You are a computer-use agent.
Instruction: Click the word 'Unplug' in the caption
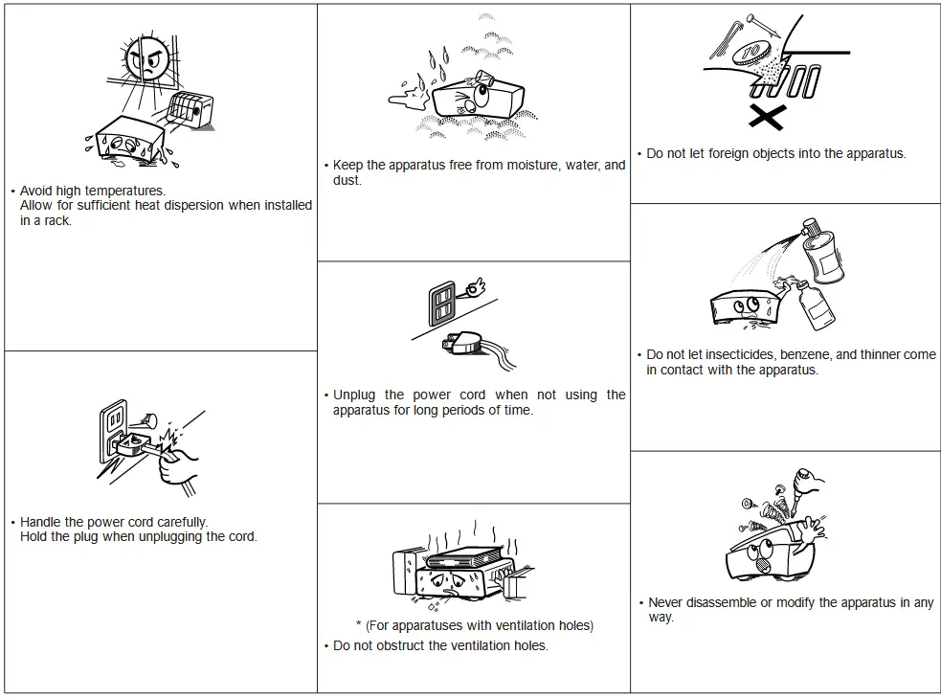[354, 395]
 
